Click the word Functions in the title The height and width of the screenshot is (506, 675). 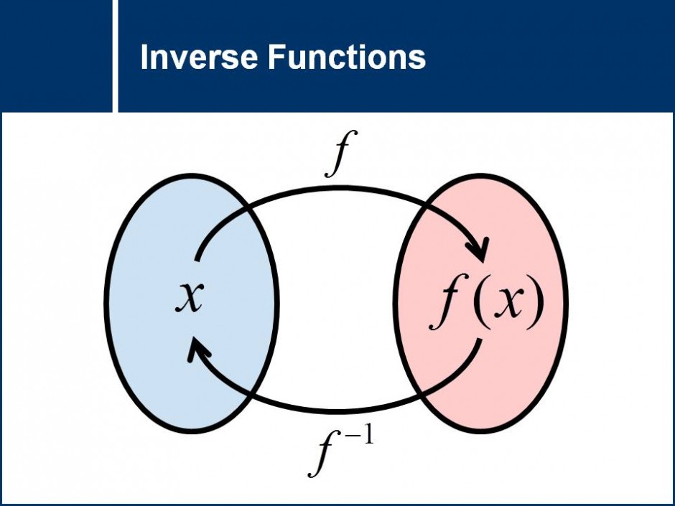(347, 57)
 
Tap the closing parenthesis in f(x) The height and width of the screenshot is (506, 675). (535, 304)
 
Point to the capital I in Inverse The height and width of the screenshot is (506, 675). (144, 57)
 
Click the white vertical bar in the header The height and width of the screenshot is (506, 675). (115, 55)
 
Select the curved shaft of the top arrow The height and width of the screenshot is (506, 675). (337, 190)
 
